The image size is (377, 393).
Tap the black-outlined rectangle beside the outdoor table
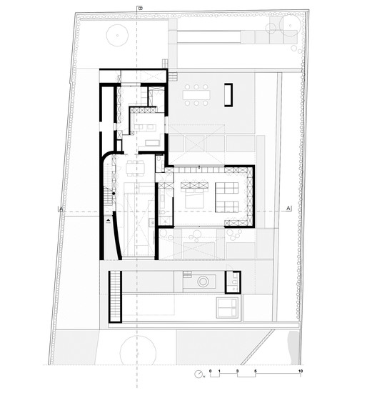(228, 94)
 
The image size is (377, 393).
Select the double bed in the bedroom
(194, 196)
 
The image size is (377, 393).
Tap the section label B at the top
(139, 8)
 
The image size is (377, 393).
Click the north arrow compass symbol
(196, 374)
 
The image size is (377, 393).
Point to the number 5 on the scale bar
(256, 371)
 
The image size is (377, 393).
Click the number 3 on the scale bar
(237, 371)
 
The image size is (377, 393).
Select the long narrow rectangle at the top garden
(208, 36)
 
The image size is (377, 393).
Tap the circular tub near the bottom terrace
(203, 282)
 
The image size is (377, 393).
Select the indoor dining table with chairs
(135, 169)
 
